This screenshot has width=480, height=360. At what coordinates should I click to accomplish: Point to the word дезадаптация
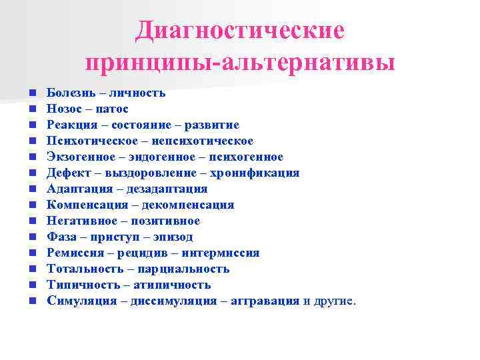167,189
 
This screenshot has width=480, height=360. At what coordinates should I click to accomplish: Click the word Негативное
80,221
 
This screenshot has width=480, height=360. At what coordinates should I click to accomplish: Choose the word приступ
113,237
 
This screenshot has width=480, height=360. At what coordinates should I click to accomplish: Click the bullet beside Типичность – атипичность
32,285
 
